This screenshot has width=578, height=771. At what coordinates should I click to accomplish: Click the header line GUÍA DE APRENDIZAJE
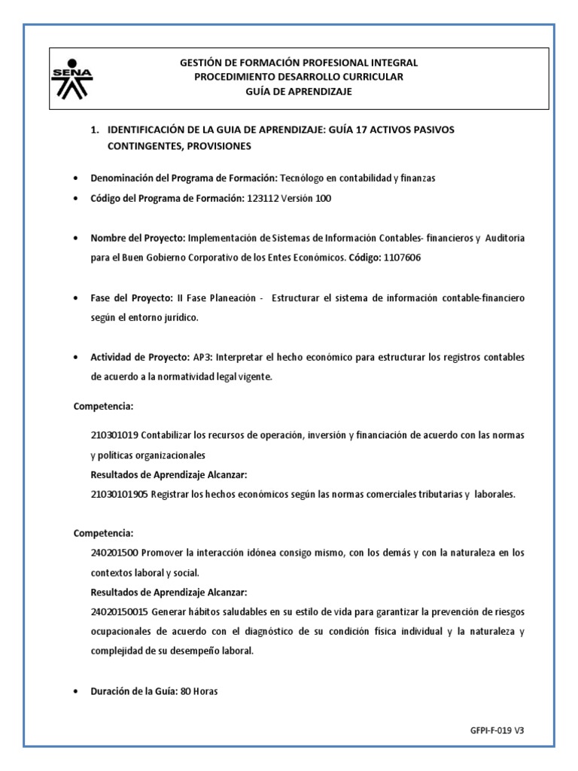tap(299, 92)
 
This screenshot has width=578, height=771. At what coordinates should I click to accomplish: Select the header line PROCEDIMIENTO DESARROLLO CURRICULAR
tap(299, 78)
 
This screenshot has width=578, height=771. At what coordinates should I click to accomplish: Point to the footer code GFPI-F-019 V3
tap(497, 730)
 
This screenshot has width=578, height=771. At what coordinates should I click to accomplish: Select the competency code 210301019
tap(114, 436)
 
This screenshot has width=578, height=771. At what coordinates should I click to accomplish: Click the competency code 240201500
tap(114, 553)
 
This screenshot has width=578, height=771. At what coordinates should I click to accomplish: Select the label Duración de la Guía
tap(132, 691)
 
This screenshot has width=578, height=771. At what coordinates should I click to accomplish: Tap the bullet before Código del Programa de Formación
tap(76, 199)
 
